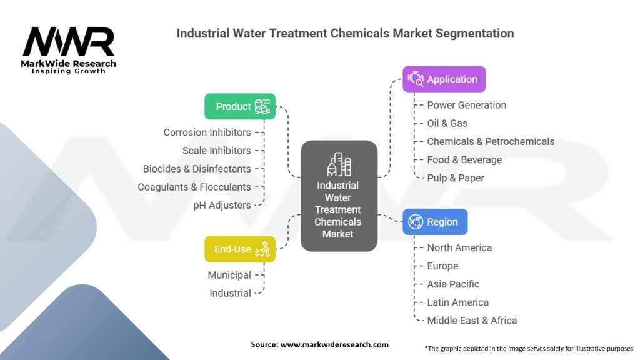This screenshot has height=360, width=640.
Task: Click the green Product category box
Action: pos(240,106)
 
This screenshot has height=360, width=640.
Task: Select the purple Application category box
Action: pos(444,79)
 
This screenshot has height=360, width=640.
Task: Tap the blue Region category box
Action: pos(434,222)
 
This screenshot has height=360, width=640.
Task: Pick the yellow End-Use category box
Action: pos(240,249)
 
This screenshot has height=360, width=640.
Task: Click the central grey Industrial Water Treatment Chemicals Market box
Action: pos(339,196)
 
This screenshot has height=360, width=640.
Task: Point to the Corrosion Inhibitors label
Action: pos(207,132)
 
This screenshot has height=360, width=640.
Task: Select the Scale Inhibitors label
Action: pos(216,151)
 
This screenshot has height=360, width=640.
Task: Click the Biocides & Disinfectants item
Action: pos(197,169)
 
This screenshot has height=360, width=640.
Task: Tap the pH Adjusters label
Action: pos(222,205)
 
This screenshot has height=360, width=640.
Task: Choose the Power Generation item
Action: pos(466,105)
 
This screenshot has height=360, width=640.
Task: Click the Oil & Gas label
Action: pos(447,123)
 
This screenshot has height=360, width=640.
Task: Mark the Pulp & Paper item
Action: pos(455,177)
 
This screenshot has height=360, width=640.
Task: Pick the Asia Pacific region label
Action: pos(453,284)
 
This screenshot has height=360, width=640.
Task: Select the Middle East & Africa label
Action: pos(472,321)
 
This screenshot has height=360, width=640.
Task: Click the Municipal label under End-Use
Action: pos(229,275)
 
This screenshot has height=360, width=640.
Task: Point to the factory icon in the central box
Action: pos(339,164)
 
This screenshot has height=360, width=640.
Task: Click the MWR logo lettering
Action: pos(69,42)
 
